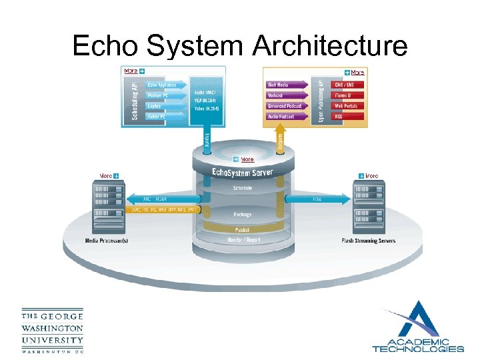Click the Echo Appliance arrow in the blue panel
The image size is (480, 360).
160,85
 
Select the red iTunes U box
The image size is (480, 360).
347,95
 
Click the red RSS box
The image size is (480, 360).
347,117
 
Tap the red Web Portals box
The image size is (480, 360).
347,106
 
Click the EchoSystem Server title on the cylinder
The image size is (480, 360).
242,173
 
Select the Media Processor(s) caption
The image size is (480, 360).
106,241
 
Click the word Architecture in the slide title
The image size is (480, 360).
331,47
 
